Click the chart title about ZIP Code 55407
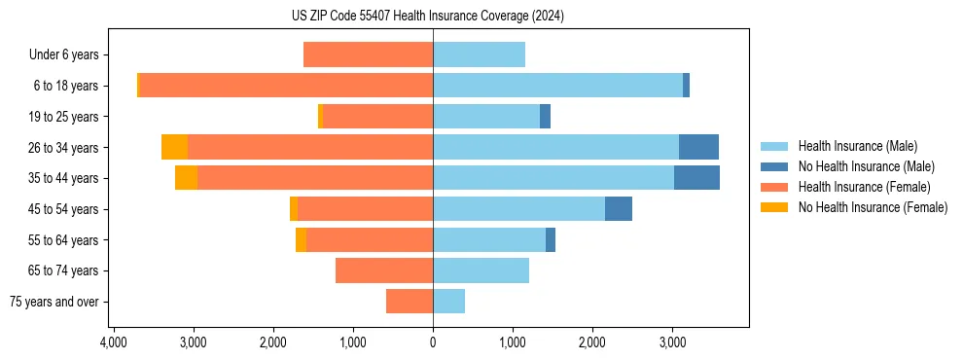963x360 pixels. (x=433, y=17)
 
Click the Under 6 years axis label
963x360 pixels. (x=63, y=55)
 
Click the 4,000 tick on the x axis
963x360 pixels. (x=114, y=342)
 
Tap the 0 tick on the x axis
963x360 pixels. (x=433, y=342)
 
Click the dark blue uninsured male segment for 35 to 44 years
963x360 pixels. (x=696, y=178)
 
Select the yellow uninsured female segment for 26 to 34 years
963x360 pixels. (x=174, y=147)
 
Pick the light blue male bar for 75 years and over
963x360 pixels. (x=448, y=302)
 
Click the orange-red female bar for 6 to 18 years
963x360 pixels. (x=286, y=86)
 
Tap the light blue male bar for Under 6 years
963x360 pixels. (x=479, y=54)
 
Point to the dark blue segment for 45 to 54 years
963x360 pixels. (x=619, y=209)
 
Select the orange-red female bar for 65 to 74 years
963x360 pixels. (x=384, y=270)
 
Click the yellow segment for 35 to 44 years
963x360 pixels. (x=186, y=178)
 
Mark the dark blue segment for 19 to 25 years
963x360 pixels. (x=545, y=117)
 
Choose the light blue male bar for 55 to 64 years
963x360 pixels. (x=489, y=239)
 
